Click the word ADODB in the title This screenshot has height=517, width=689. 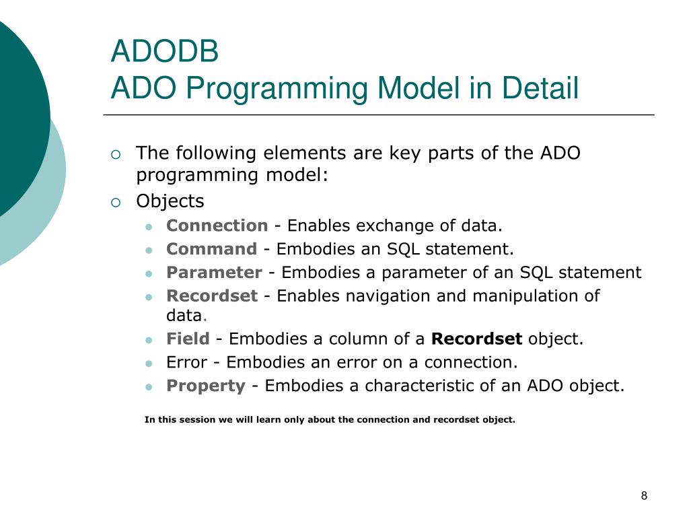pyautogui.click(x=165, y=51)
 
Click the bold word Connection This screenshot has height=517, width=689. pyautogui.click(x=217, y=226)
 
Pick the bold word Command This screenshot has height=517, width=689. pyautogui.click(x=212, y=249)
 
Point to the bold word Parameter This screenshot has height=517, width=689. pyautogui.click(x=215, y=273)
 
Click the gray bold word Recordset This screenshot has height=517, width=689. pyautogui.click(x=212, y=296)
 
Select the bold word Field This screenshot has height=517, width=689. pyautogui.click(x=188, y=339)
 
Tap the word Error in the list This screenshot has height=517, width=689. pyautogui.click(x=187, y=362)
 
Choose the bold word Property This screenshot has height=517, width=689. pyautogui.click(x=206, y=386)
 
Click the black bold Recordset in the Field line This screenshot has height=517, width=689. pyautogui.click(x=477, y=339)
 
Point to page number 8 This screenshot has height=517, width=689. pyautogui.click(x=644, y=496)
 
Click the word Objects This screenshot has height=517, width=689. pyautogui.click(x=170, y=201)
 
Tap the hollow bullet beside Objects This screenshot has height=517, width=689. pyautogui.click(x=116, y=203)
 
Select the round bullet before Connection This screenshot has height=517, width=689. pyautogui.click(x=149, y=228)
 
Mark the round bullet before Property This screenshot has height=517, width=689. pyautogui.click(x=149, y=387)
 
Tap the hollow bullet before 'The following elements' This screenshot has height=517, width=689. pyautogui.click(x=116, y=154)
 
